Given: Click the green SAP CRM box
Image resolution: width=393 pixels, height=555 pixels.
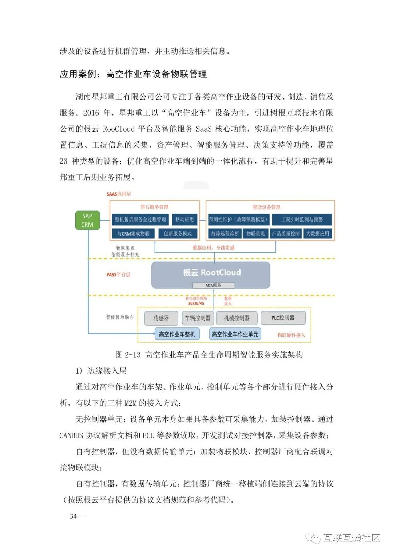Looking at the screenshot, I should [x=87, y=220].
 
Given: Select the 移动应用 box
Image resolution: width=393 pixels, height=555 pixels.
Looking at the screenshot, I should [x=184, y=219].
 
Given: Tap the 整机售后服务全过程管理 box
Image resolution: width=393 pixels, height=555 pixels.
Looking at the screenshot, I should [x=140, y=219].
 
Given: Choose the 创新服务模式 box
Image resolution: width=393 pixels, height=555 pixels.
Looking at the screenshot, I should [x=178, y=233].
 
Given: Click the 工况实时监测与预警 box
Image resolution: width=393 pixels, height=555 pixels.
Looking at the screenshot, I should [x=302, y=219].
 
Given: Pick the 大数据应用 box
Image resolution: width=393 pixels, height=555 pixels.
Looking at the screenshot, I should [x=317, y=233].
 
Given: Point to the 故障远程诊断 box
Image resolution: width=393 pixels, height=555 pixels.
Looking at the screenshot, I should [x=225, y=233].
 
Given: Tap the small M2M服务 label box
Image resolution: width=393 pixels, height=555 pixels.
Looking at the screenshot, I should [x=214, y=285].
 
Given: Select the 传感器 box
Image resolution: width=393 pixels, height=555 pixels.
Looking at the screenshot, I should [x=161, y=318].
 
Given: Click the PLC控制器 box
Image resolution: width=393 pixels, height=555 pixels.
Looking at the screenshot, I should [x=283, y=318].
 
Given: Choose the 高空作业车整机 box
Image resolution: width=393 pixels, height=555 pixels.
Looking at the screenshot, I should [x=177, y=334].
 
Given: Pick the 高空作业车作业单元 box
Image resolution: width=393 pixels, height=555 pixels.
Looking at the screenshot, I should [x=235, y=334].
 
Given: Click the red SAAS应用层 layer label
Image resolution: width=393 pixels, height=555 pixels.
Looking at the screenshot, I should [x=119, y=194].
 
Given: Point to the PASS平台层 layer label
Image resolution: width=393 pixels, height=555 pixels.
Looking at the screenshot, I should [x=118, y=274].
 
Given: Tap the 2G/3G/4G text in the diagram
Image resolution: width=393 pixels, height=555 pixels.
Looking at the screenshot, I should [x=196, y=303].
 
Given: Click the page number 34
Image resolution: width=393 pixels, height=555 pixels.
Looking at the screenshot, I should [x=74, y=516].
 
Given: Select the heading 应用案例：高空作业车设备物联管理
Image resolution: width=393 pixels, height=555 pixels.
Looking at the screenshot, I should [x=133, y=74].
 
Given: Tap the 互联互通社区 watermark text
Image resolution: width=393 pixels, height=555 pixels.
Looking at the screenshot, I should [x=352, y=538].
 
